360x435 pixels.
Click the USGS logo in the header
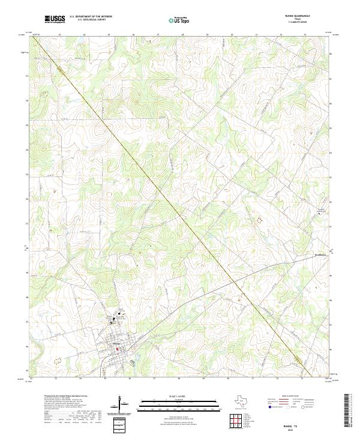coord(55,19)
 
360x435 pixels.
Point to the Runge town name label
coord(116,344)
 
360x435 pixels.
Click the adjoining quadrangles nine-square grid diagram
coord(236,420)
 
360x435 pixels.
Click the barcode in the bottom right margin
coord(347,410)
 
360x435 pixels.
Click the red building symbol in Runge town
coord(118,349)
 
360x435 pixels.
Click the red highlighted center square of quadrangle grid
coord(236,420)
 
